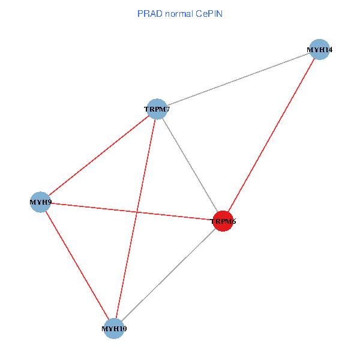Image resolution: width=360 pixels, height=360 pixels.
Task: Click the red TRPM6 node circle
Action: click(223, 221)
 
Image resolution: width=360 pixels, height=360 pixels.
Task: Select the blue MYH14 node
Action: click(320, 49)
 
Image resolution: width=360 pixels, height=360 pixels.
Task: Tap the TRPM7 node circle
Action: click(156, 109)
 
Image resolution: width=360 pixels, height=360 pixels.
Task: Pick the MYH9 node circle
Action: click(40, 202)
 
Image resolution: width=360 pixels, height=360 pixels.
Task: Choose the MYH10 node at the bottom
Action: click(113, 328)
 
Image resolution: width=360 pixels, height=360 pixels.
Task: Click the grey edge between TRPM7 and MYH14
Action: click(238, 79)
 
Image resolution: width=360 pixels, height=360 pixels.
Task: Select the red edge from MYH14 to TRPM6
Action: click(271, 135)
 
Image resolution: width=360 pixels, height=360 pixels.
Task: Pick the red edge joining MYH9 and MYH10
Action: click(76, 265)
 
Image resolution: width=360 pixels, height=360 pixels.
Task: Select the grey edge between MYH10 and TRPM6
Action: click(168, 275)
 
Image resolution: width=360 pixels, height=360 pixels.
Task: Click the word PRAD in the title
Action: click(148, 13)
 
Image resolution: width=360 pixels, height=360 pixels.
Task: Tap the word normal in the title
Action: click(178, 13)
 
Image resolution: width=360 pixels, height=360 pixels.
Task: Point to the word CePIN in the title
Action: click(209, 13)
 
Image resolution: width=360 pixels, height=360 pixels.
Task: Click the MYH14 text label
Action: click(319, 50)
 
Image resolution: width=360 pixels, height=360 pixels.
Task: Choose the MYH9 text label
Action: click(41, 203)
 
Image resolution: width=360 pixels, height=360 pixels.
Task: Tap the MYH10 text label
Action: click(114, 329)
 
